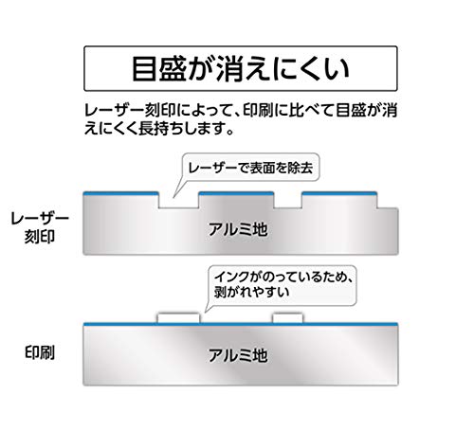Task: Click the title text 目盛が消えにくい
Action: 240,68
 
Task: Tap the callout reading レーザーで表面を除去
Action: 251,168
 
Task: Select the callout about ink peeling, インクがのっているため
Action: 283,285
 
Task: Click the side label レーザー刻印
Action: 40,227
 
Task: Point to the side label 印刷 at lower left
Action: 40,352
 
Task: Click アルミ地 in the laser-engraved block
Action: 238,229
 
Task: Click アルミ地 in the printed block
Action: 238,355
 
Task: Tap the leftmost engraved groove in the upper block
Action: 178,200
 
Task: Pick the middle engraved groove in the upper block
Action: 288,200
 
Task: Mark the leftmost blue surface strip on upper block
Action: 120,193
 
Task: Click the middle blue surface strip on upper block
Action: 236,193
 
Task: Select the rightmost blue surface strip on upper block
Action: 339,193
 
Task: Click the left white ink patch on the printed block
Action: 178,318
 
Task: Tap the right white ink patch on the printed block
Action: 288,318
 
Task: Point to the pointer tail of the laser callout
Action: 179,188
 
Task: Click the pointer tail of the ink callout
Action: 210,305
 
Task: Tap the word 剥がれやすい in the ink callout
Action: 251,292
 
